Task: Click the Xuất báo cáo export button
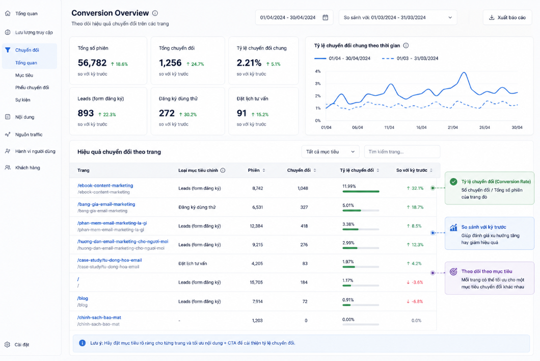[507, 17]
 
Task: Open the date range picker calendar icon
[325, 17]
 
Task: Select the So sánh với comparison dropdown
[398, 17]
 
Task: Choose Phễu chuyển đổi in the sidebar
[32, 88]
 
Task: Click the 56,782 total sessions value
[92, 63]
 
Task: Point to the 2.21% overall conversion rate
[249, 63]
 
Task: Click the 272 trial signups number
[167, 113]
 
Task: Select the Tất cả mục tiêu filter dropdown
[330, 152]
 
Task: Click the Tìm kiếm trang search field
[402, 152]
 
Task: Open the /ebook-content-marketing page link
[105, 186]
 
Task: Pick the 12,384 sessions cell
[256, 226]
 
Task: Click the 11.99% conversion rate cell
[349, 186]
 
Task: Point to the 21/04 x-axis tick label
[452, 127]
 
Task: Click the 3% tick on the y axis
[317, 84]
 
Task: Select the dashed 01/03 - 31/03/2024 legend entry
[410, 59]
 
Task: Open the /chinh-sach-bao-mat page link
[99, 318]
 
